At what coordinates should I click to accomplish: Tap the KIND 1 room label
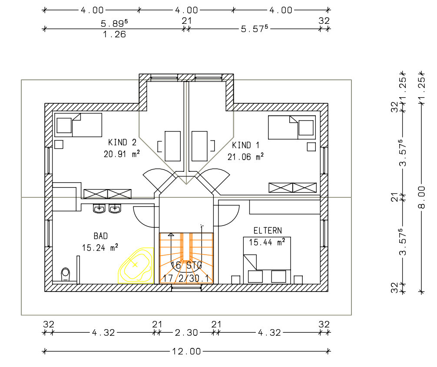pos(245,145)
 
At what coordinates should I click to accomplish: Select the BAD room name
pos(101,236)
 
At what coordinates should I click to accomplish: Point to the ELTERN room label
pos(268,231)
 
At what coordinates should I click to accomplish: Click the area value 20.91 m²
pos(122,154)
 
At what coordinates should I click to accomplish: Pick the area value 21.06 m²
pos(245,157)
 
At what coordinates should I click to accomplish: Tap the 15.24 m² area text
pos(100,248)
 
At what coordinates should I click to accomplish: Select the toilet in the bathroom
pos(65,274)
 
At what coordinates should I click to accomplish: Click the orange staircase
pos(186,258)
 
